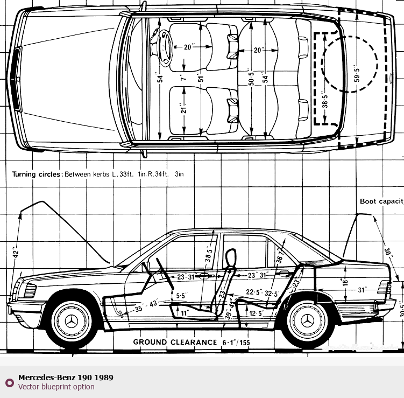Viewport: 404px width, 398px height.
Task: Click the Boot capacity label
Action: coord(381,201)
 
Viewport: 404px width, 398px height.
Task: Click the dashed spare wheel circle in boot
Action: coord(349,64)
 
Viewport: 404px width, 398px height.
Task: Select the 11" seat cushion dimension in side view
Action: coord(185,312)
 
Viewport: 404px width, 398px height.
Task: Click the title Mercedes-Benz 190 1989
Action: coord(66,378)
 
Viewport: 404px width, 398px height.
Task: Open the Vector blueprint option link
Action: coord(56,387)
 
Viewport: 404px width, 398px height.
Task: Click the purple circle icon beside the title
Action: coord(9,382)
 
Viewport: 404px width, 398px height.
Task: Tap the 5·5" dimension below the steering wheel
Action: coord(181,296)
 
